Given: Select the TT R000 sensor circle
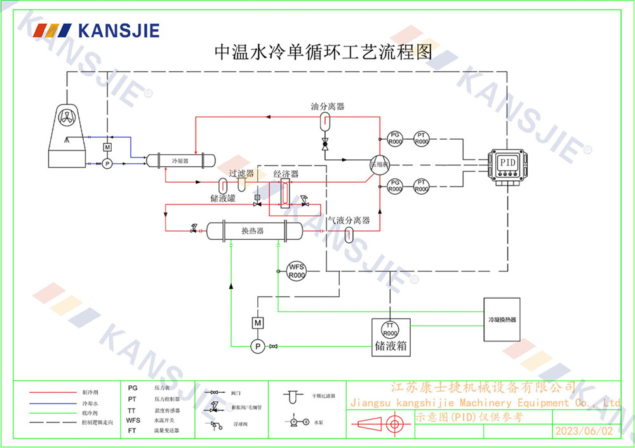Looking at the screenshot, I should pyautogui.click(x=390, y=330).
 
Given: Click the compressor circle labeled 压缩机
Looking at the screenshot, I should pyautogui.click(x=378, y=165).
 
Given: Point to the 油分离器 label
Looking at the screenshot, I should pyautogui.click(x=328, y=107).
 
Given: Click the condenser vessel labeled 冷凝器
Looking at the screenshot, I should pyautogui.click(x=180, y=161).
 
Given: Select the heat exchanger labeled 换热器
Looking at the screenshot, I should pyautogui.click(x=252, y=230).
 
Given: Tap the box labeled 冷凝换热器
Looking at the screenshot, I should pyautogui.click(x=502, y=320).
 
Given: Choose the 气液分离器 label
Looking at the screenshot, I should pyautogui.click(x=349, y=221).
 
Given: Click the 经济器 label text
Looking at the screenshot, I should pyautogui.click(x=286, y=174).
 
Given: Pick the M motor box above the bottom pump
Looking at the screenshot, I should pyautogui.click(x=258, y=323).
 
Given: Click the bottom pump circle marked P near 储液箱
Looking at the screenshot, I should pyautogui.click(x=258, y=346).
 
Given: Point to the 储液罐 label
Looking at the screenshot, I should pyautogui.click(x=223, y=199).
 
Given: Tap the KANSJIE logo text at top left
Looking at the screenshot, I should pyautogui.click(x=118, y=30).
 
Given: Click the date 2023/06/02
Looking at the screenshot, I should pyautogui.click(x=584, y=431).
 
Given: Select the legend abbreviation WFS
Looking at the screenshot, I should pyautogui.click(x=133, y=420).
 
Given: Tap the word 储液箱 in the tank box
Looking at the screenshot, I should pyautogui.click(x=391, y=348).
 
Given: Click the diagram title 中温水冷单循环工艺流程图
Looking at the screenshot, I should pyautogui.click(x=324, y=52).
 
